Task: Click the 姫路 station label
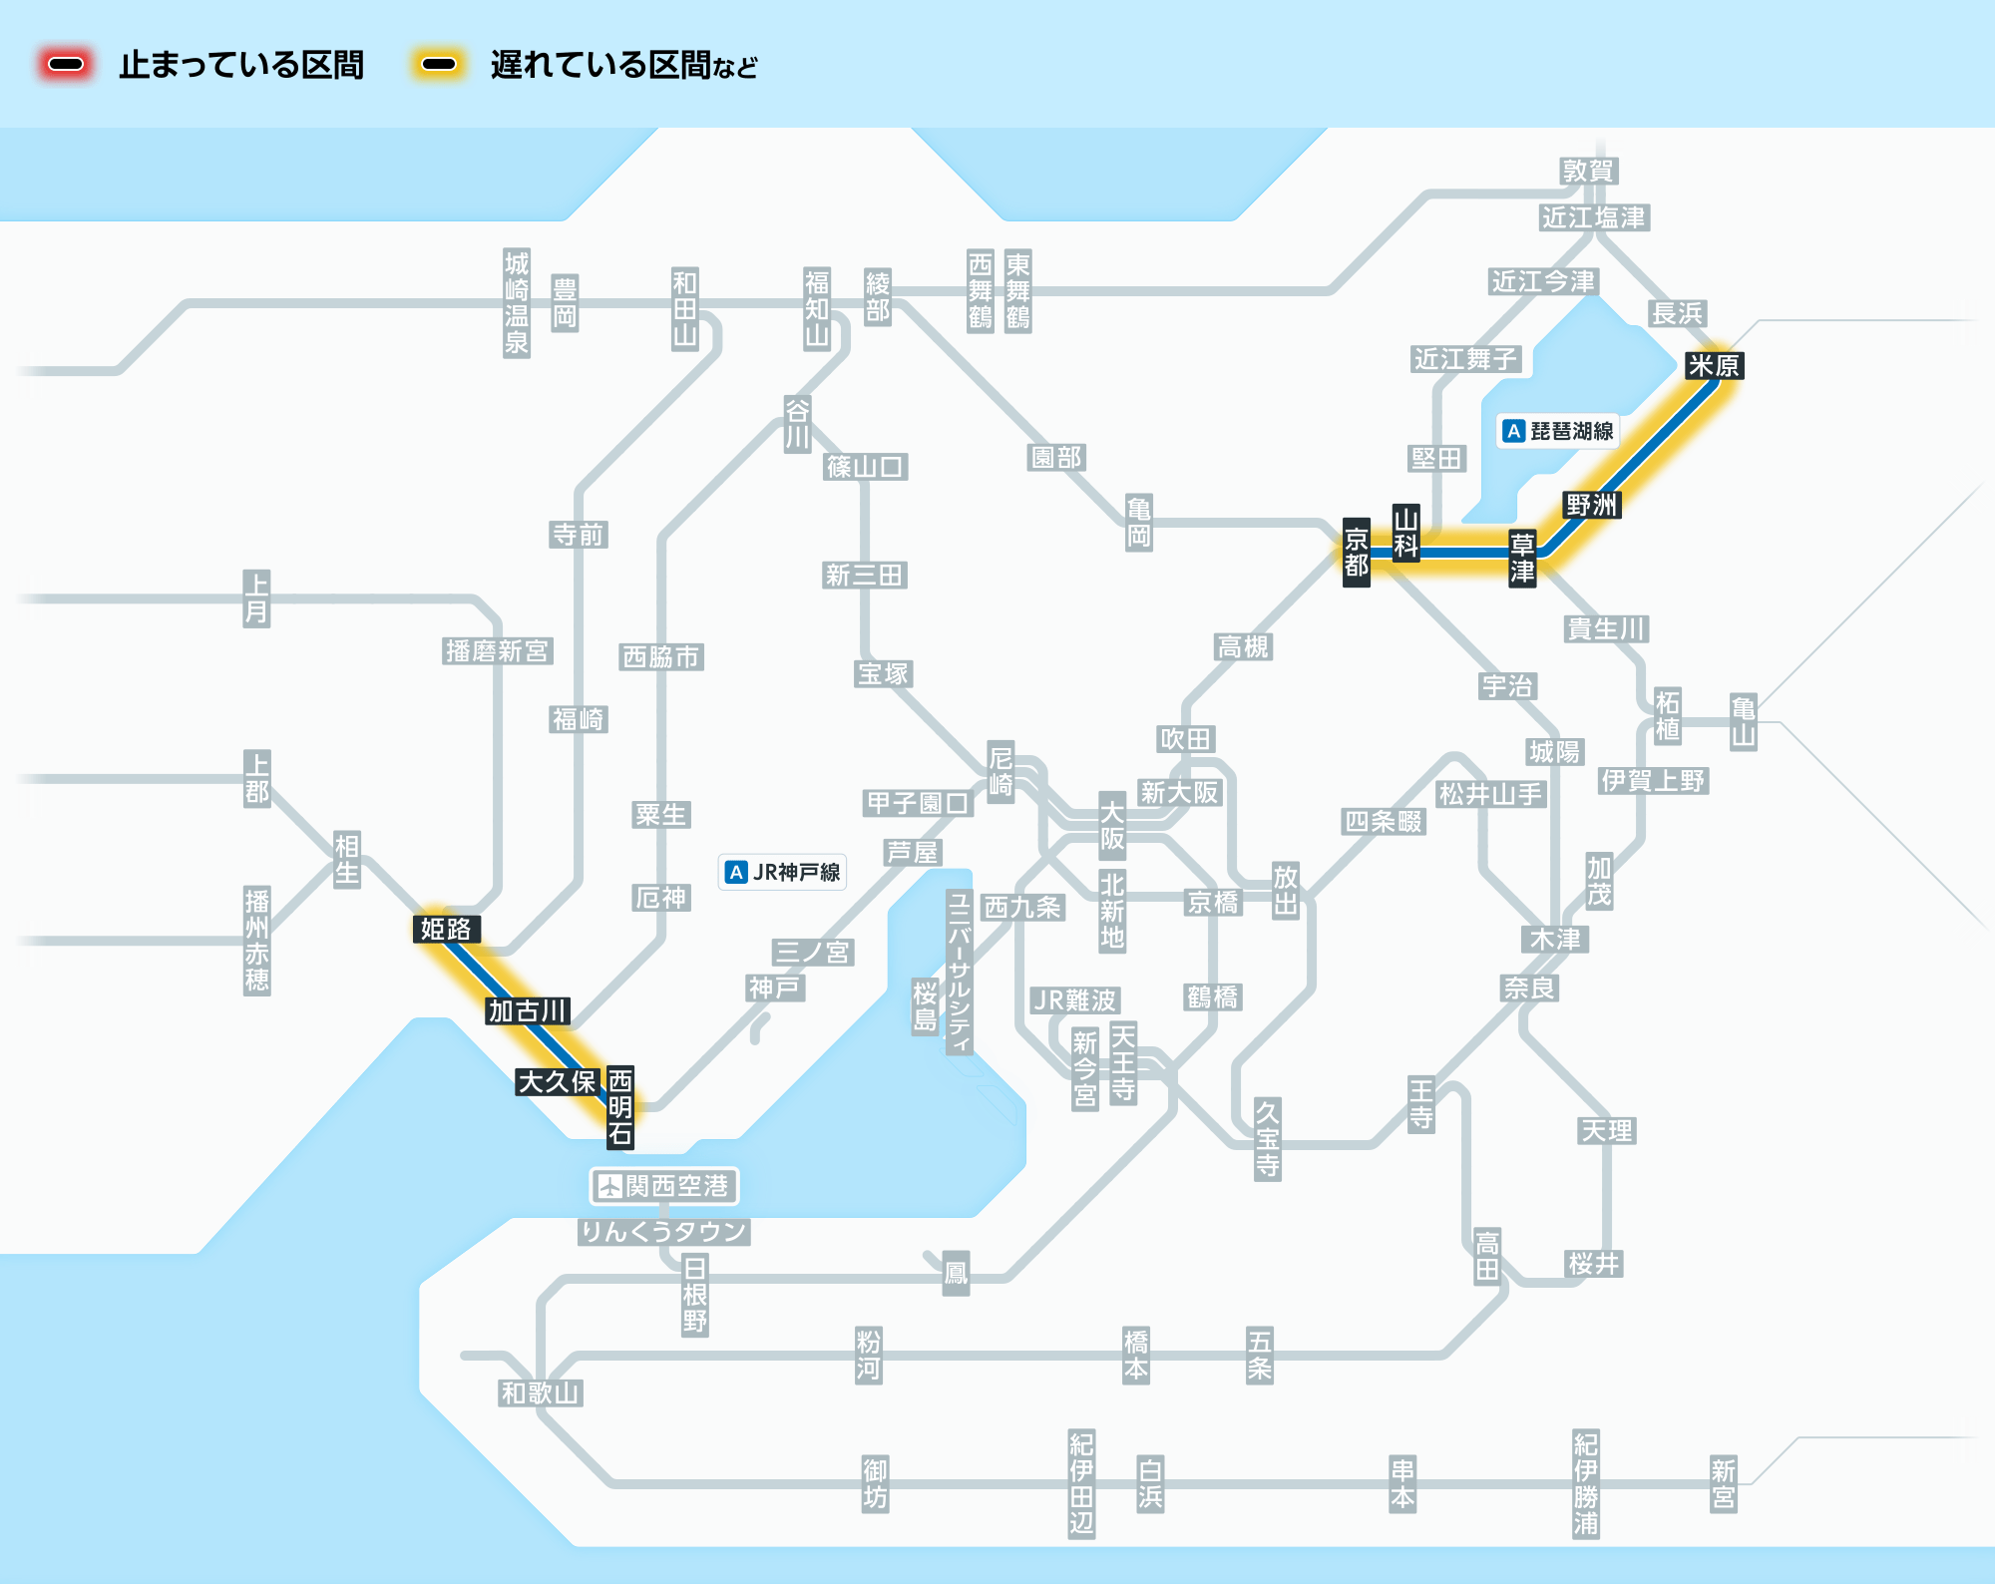click(446, 930)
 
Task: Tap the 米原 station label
click(1714, 366)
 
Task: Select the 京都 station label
click(1356, 553)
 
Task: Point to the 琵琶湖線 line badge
click(1560, 431)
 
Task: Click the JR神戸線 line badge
click(783, 872)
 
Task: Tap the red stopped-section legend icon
click(66, 65)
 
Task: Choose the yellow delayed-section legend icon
click(439, 65)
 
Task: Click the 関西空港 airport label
click(664, 1186)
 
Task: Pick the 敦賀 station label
click(1588, 172)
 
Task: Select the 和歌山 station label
click(540, 1393)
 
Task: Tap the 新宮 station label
click(1723, 1484)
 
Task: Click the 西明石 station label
click(620, 1107)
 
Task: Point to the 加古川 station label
click(528, 1011)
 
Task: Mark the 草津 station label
click(1521, 558)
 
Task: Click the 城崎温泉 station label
click(517, 303)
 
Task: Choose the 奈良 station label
click(1529, 989)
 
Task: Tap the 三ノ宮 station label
click(813, 953)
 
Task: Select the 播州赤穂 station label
click(257, 941)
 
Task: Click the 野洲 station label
click(1591, 505)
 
